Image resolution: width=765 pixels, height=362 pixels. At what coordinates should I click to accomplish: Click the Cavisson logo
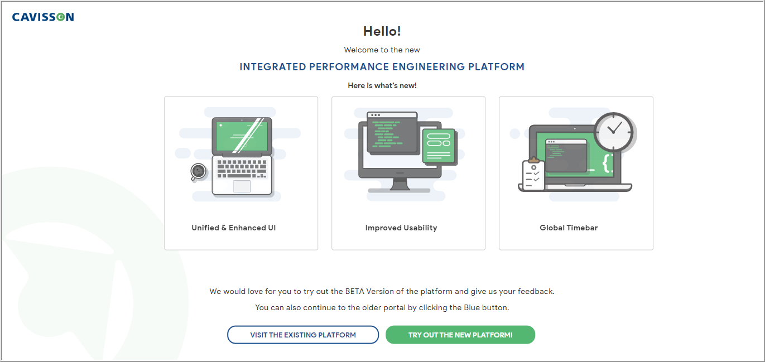(x=43, y=17)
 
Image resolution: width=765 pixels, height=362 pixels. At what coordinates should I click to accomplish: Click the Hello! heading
(x=382, y=31)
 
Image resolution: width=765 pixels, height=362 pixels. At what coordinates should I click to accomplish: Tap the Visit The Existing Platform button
(x=303, y=335)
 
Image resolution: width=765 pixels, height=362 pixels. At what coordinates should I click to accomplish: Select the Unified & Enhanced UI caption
(x=234, y=228)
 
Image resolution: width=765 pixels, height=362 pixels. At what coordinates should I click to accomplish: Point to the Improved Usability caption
(x=401, y=228)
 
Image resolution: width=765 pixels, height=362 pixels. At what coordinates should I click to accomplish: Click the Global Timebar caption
(x=569, y=228)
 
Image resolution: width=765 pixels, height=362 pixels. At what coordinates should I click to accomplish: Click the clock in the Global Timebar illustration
(x=614, y=132)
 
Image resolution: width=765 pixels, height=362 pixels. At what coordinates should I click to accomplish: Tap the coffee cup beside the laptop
(x=198, y=171)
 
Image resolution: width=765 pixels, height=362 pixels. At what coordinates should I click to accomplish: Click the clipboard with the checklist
(x=533, y=175)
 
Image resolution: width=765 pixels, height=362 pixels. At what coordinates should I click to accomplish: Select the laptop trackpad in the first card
(x=242, y=186)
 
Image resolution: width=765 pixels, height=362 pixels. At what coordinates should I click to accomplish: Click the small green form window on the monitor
(x=439, y=146)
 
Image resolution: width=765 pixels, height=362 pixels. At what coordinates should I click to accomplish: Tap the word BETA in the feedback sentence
(x=354, y=291)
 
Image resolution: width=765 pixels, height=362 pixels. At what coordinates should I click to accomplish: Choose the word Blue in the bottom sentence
(x=471, y=307)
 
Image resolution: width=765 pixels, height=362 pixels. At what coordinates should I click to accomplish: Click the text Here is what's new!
(x=382, y=85)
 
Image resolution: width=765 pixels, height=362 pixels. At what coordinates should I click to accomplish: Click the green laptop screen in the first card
(x=242, y=136)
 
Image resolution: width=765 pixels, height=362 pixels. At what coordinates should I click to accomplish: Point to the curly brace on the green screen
(x=607, y=163)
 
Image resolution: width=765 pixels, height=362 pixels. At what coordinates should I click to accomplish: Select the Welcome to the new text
(x=382, y=50)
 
